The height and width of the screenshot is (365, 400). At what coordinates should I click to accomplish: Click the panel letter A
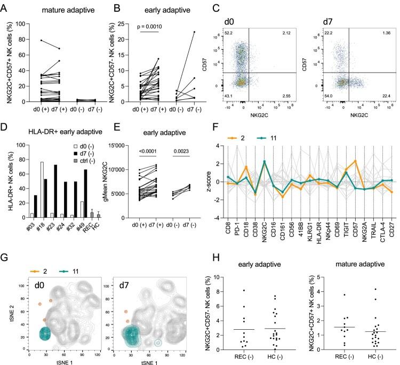click(x=5, y=6)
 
